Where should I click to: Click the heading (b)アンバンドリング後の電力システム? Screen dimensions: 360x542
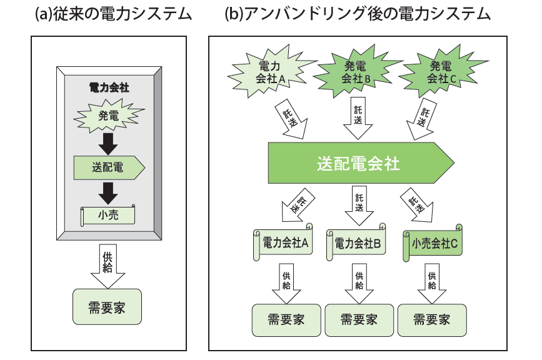point(358,14)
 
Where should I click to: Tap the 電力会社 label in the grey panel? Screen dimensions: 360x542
point(109,87)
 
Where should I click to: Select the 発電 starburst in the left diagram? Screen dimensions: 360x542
point(109,116)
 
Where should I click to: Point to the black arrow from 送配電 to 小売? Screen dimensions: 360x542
point(109,192)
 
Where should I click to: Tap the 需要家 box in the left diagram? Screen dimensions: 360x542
point(108,306)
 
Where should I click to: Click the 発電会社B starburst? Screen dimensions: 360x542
point(358,71)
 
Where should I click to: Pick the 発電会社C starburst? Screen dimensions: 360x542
point(441,71)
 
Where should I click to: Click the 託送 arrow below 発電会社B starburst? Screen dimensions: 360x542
point(358,118)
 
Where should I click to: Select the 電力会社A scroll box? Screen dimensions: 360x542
point(284,243)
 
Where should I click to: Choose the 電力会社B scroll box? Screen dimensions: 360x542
point(358,243)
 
